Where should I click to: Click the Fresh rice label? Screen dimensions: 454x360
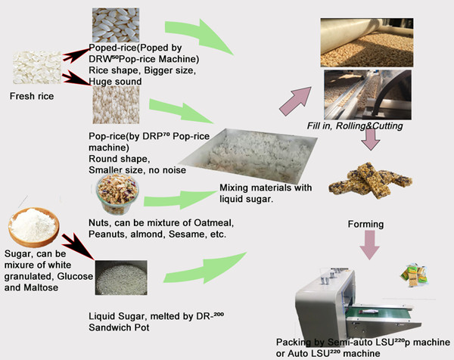tap(32, 96)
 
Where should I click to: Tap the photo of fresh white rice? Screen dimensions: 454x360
tap(37, 68)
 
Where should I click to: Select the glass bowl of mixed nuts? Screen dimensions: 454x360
tap(117, 194)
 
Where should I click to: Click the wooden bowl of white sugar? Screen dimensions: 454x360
tap(34, 227)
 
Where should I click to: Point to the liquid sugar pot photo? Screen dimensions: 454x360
tap(121, 278)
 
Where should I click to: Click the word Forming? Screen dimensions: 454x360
tap(365, 225)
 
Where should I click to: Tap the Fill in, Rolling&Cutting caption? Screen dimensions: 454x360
tap(355, 126)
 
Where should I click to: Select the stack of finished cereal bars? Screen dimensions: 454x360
tap(370, 180)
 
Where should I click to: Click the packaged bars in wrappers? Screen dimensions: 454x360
tap(414, 275)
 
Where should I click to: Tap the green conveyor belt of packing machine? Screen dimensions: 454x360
tap(380, 312)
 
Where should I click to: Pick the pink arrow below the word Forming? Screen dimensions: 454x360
tap(369, 245)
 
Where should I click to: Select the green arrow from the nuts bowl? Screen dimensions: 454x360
tap(180, 200)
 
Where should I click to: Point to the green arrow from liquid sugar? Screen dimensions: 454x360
tap(205, 268)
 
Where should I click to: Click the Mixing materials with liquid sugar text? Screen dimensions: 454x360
tap(266, 194)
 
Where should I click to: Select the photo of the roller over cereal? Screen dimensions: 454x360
tap(367, 42)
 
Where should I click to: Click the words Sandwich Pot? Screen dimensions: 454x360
tap(119, 327)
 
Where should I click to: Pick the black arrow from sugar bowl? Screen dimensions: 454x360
tap(78, 246)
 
